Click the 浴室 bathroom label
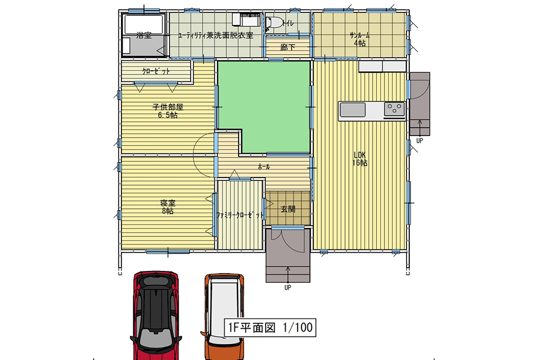[144, 35]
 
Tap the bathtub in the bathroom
[144, 24]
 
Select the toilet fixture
[274, 23]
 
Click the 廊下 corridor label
[288, 47]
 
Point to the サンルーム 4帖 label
[360, 39]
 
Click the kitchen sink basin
[353, 110]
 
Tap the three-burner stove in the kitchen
[395, 110]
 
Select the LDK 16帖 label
[360, 159]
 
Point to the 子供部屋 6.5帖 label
[168, 111]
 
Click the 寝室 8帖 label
[168, 207]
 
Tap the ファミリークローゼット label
[240, 215]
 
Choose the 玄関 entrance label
[288, 209]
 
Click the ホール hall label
[264, 167]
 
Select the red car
[156, 315]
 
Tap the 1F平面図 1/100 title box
[270, 327]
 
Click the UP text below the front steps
[288, 287]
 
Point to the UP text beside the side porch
[420, 140]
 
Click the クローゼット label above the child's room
[156, 71]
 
